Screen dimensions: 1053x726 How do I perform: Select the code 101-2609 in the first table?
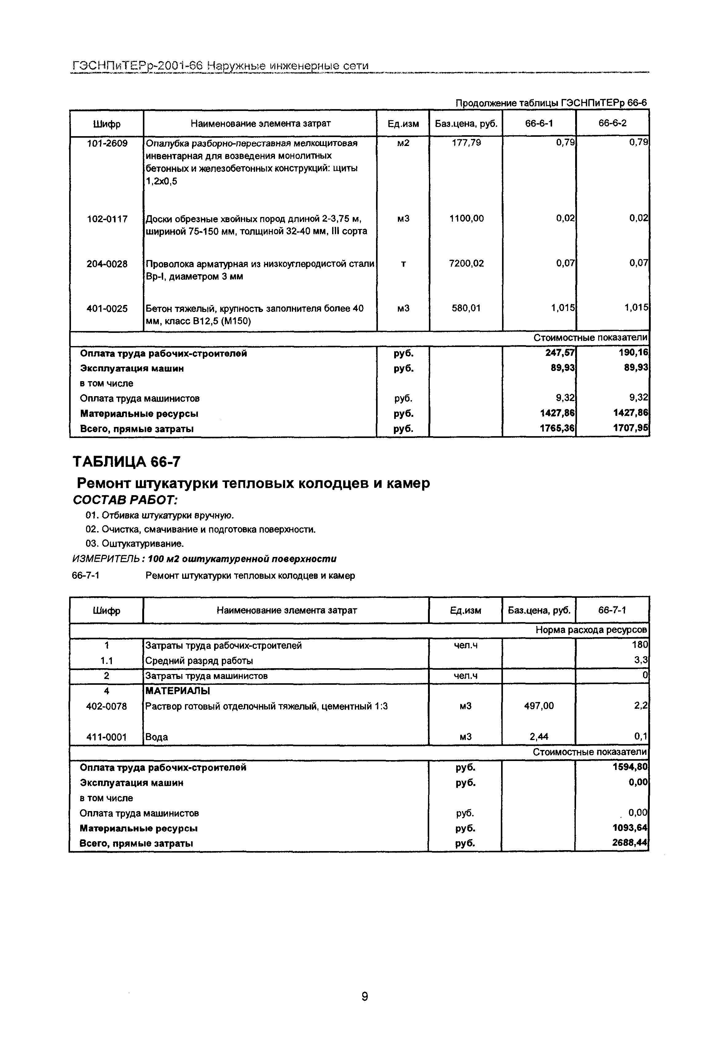(x=107, y=143)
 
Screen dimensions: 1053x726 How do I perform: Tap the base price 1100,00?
(x=466, y=219)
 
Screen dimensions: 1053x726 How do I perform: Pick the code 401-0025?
(x=107, y=309)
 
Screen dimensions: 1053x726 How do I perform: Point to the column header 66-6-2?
(x=612, y=123)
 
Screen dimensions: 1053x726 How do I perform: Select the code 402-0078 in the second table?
(x=106, y=706)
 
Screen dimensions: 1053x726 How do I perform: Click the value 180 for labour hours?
(x=641, y=645)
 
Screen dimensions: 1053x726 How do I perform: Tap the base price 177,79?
(x=466, y=143)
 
